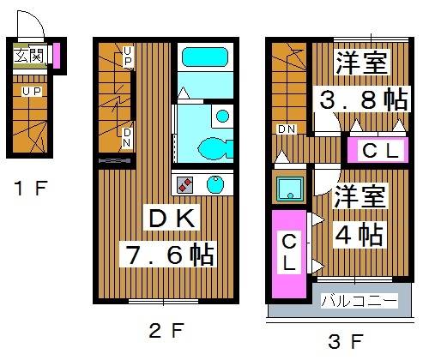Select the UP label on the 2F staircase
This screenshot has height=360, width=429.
[127, 57]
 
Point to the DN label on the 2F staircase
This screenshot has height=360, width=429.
[127, 137]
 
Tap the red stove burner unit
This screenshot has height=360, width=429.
[185, 183]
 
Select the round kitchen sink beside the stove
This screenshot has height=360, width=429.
[215, 183]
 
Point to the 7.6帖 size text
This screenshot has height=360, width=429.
[166, 255]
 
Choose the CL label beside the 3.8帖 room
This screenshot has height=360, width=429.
[379, 152]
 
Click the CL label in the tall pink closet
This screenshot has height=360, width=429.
[289, 252]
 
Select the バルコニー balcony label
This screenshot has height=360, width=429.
[359, 302]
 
